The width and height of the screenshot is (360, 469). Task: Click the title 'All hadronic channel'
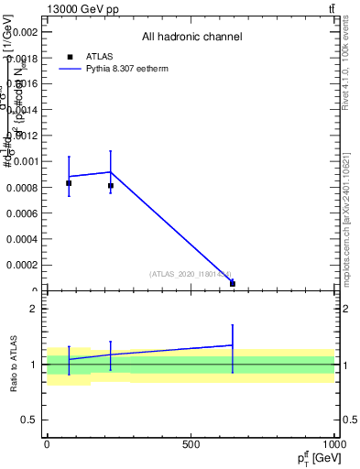pos(191,38)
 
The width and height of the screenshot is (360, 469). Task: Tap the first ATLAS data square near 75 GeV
pos(69,183)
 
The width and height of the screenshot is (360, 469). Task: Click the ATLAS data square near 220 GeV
pos(111,186)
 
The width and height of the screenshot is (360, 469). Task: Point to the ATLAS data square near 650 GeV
pos(233,284)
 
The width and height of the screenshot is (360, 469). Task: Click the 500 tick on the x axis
pos(191,444)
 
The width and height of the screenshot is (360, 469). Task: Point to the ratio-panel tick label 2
pos(33,309)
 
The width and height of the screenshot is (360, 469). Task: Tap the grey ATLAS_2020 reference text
pos(191,274)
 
